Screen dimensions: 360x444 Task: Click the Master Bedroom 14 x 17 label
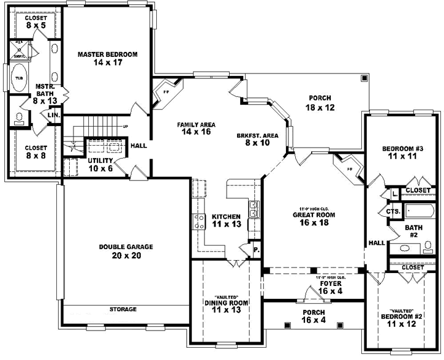[107, 58]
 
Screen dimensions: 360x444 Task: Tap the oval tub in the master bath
[19, 78]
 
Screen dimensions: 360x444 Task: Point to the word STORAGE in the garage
[123, 309]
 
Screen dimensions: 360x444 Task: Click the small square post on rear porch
[364, 78]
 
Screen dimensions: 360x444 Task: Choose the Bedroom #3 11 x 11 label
[399, 152]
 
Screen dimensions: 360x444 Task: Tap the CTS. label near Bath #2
[393, 212]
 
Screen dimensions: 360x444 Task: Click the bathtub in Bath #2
[419, 212]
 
